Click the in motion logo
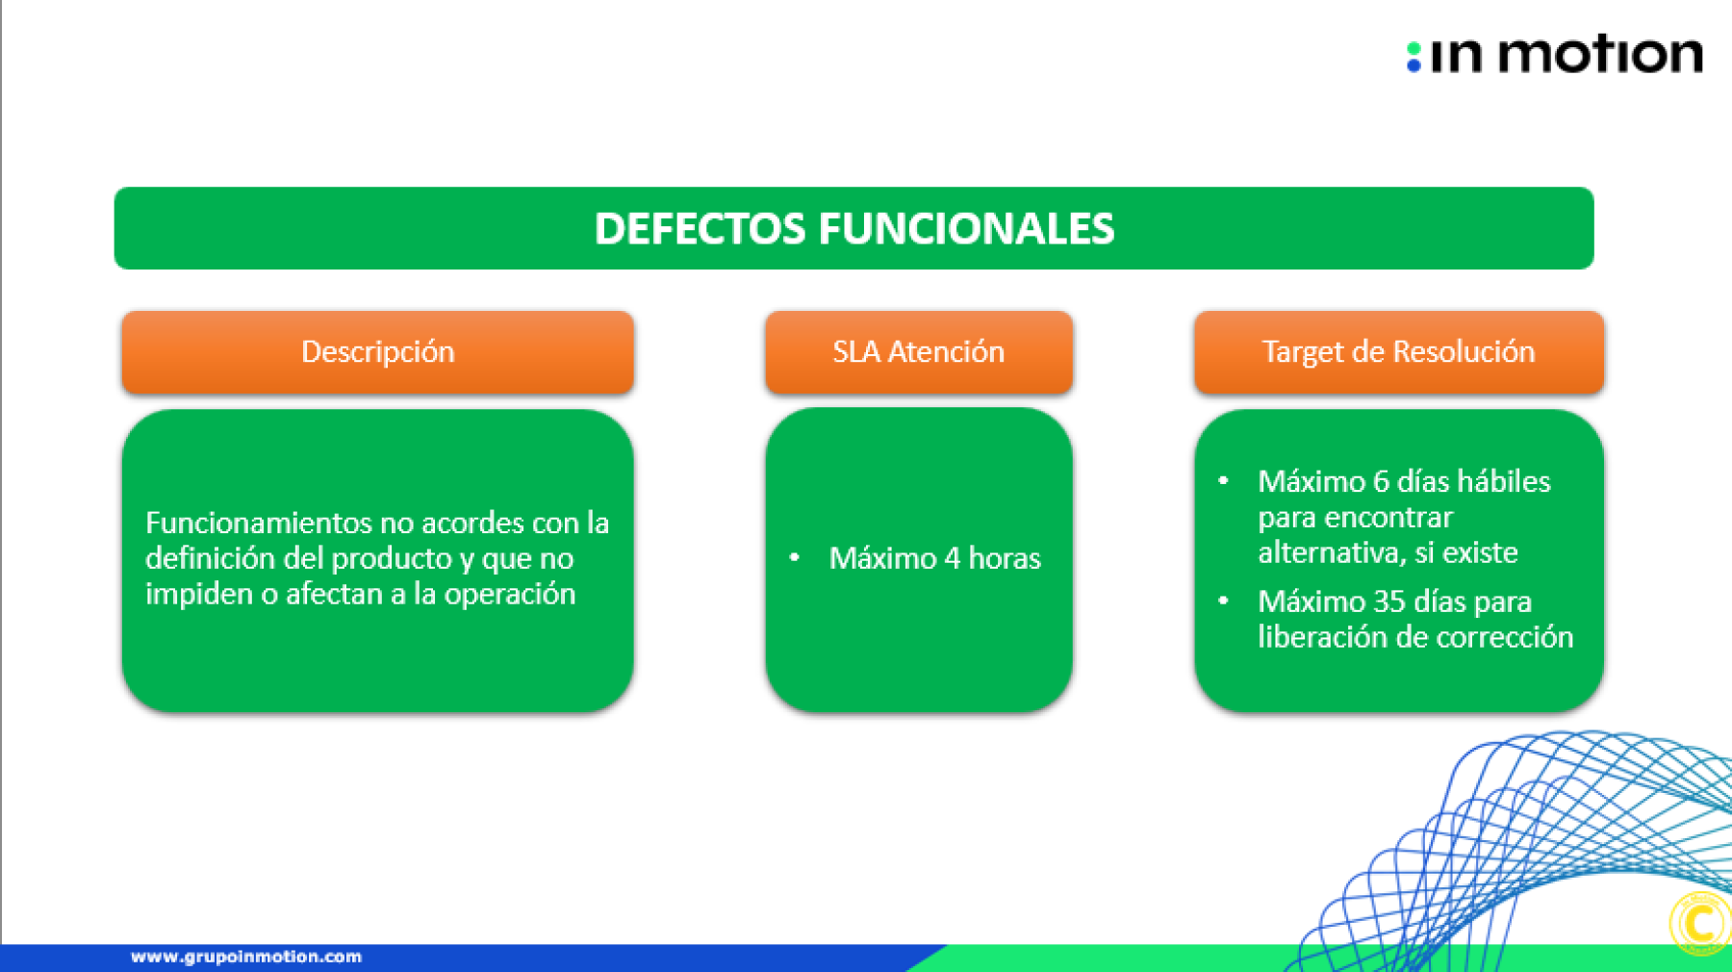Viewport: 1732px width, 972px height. point(1554,55)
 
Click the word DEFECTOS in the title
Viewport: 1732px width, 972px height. point(700,229)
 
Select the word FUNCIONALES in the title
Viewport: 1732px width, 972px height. point(966,229)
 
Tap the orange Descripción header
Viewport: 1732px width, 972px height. point(377,352)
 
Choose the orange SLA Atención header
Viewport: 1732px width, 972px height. point(919,352)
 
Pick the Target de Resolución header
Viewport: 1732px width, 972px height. point(1399,352)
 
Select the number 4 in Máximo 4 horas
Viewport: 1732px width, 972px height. point(953,558)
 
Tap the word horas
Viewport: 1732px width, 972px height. point(1005,558)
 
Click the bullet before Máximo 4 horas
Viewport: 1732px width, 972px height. point(795,557)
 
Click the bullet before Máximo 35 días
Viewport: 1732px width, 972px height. point(1223,601)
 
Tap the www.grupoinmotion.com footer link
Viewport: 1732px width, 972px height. point(246,957)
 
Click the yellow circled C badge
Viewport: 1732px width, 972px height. point(1701,924)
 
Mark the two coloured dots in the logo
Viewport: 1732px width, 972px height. point(1414,57)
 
